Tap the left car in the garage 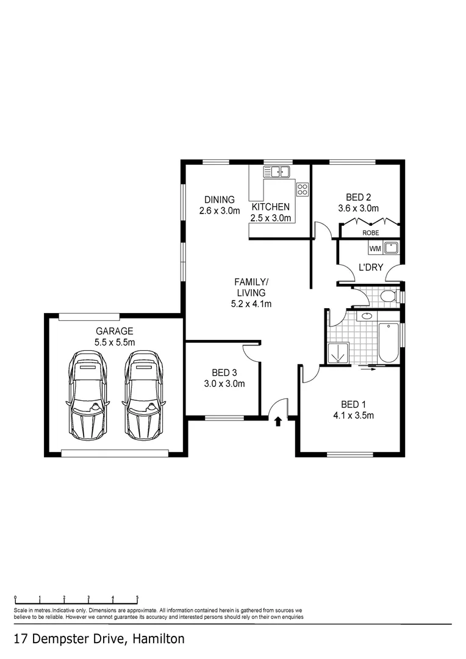click(88, 395)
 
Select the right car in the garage click(144, 395)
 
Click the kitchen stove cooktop click(302, 189)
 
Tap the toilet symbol click(386, 297)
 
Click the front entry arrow click(278, 421)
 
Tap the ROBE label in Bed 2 click(370, 232)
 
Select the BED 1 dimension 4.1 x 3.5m click(353, 416)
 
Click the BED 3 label click(224, 372)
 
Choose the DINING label click(220, 200)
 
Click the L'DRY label click(370, 267)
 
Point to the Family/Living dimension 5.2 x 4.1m click(251, 303)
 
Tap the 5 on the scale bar click(137, 598)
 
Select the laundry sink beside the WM click(392, 248)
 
